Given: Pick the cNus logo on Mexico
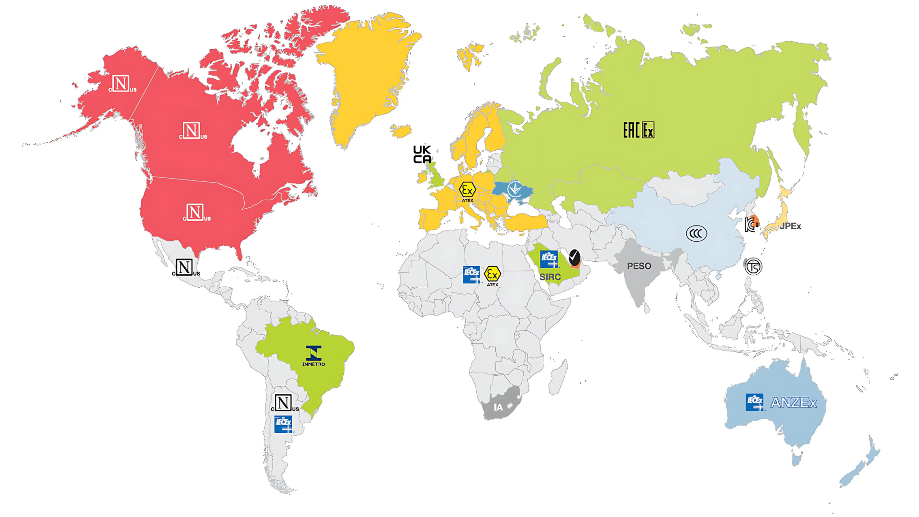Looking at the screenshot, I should click(185, 268).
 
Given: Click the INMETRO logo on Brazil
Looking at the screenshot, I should click(314, 356).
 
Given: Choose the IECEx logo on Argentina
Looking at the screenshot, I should click(283, 424).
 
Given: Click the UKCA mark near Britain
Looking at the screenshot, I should click(422, 155).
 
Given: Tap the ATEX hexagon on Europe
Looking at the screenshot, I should click(467, 191).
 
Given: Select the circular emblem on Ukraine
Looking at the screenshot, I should click(515, 190).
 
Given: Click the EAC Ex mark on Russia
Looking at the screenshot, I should click(639, 130).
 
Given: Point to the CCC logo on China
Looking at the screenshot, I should click(696, 234).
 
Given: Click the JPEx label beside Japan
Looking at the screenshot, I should click(790, 226).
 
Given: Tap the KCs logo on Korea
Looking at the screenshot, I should click(751, 224).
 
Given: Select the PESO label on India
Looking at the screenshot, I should click(639, 266).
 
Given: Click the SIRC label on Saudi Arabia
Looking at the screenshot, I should click(550, 277).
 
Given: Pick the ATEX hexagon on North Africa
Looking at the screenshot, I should click(492, 275).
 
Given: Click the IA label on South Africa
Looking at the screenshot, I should click(498, 407).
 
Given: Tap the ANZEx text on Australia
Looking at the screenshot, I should click(794, 403).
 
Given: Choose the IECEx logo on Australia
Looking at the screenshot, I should click(755, 403).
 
